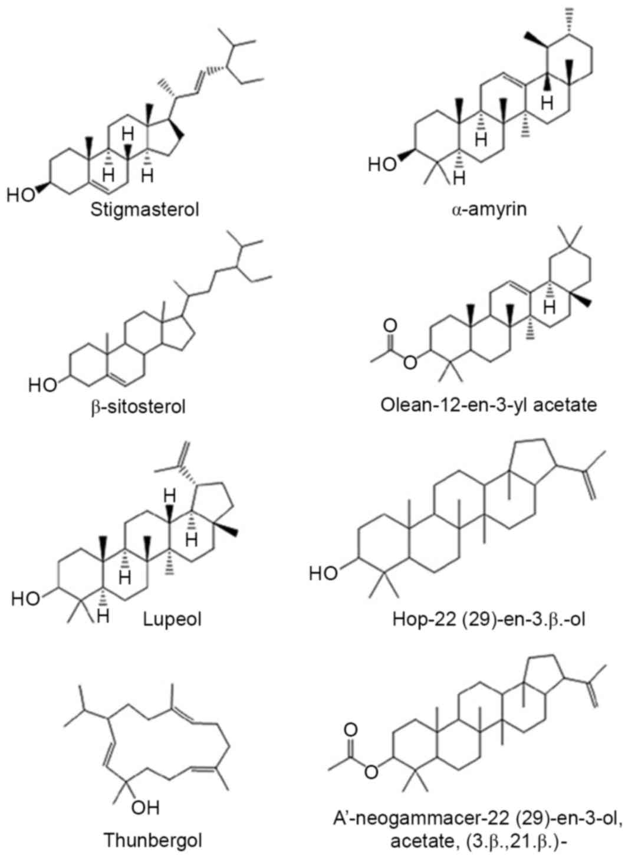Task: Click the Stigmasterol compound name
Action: [x=144, y=209]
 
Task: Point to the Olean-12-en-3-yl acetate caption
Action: [x=489, y=405]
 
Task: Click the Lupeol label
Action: [x=172, y=619]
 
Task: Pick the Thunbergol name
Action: [x=146, y=839]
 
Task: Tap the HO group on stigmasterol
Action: [x=22, y=195]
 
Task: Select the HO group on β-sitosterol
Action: [x=42, y=385]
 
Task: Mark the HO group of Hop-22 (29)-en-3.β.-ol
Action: [x=323, y=573]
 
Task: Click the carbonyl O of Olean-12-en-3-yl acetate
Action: [x=390, y=325]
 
